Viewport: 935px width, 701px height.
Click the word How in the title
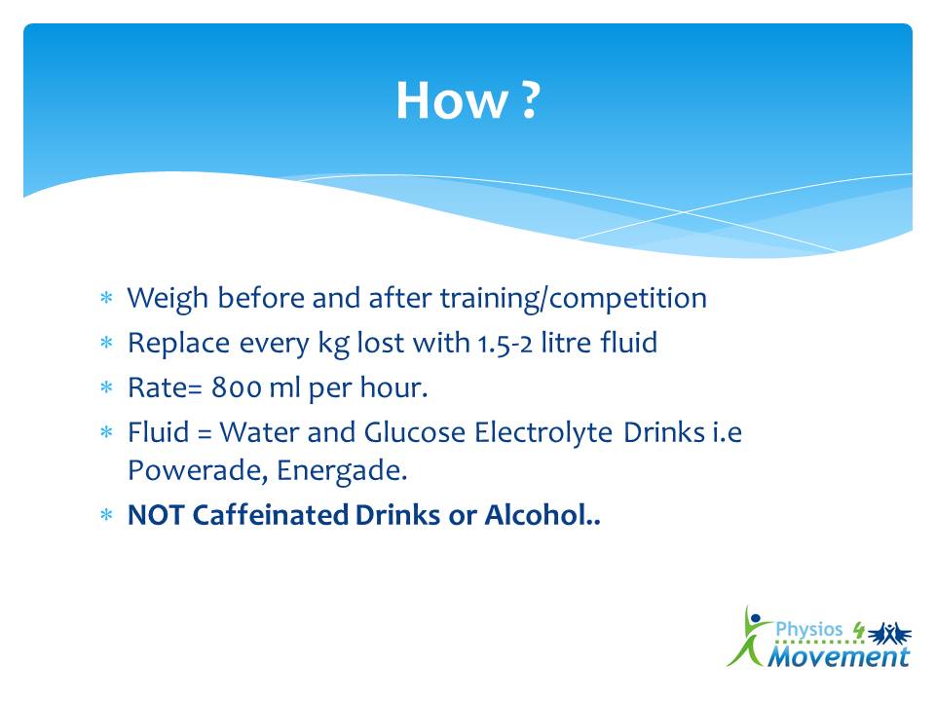tap(452, 100)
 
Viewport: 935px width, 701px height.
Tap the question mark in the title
tap(530, 100)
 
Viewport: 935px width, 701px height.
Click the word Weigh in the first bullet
tap(168, 299)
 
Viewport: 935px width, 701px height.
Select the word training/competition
tap(573, 299)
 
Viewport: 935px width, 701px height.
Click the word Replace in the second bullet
tap(178, 344)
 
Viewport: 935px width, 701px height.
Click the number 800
tap(236, 388)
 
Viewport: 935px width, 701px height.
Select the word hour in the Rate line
tap(394, 387)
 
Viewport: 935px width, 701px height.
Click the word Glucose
tap(415, 432)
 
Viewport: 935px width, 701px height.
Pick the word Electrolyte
tap(543, 433)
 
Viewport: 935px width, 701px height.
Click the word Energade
tap(342, 471)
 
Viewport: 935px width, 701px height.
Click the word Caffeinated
tap(271, 515)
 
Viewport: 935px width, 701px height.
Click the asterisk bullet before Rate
tap(107, 388)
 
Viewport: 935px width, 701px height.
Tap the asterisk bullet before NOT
tap(107, 516)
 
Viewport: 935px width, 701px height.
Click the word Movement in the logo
tap(839, 656)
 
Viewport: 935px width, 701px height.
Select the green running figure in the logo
tap(748, 637)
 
